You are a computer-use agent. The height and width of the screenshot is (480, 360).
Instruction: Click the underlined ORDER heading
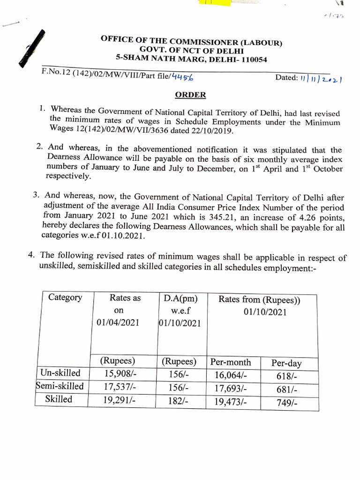[x=190, y=95]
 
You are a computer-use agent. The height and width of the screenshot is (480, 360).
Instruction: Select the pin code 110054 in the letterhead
[x=251, y=60]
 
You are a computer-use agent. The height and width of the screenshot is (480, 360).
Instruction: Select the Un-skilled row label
[x=60, y=373]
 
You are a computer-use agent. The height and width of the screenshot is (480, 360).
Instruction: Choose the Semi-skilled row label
[x=60, y=386]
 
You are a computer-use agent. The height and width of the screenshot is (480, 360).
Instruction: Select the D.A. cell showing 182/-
[x=178, y=401]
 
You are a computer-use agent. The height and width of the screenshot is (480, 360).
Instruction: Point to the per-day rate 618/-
[x=287, y=376]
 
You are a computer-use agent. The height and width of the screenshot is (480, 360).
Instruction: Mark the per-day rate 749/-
[x=287, y=403]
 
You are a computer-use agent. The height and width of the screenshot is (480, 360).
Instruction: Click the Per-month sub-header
[x=231, y=362]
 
